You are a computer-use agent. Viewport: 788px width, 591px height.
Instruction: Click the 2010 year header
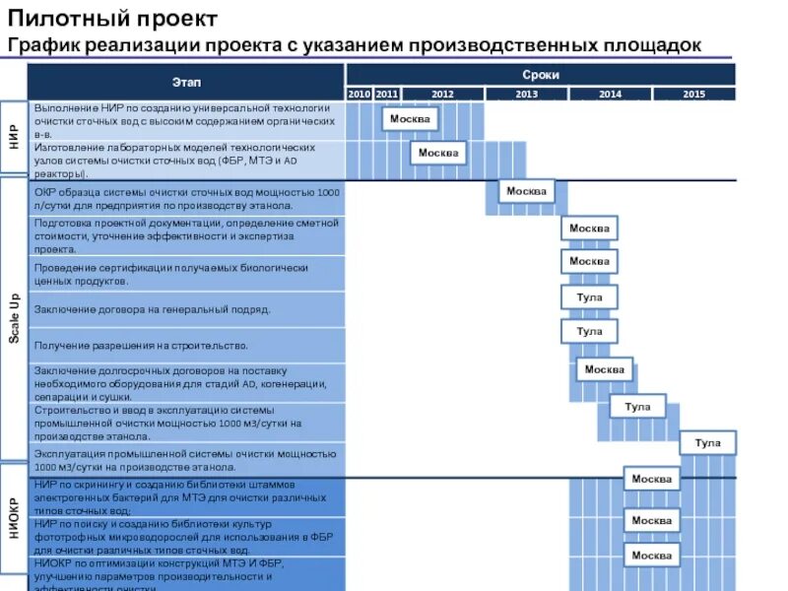coord(359,94)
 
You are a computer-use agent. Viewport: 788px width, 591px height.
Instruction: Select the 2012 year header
coord(442,94)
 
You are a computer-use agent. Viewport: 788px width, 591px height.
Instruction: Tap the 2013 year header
coord(526,94)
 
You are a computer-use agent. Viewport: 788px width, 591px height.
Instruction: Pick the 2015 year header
coord(694,94)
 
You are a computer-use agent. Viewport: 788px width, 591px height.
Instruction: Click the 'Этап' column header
coord(186,80)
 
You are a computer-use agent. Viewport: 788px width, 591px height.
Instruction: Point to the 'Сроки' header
coord(541,74)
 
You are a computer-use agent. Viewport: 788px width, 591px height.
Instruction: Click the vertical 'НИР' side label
coord(14,136)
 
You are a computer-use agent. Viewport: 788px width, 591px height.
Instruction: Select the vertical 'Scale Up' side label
coord(14,318)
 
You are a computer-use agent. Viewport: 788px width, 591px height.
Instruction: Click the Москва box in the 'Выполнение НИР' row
coord(410,119)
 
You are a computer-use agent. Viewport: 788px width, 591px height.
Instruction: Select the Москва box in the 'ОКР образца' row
coord(526,191)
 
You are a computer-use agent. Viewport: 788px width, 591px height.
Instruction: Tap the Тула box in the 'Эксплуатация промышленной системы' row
coord(707,443)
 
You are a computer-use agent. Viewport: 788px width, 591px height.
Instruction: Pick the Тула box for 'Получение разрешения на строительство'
coord(589,332)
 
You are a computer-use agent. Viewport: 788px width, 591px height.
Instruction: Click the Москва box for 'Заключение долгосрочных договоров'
coord(604,369)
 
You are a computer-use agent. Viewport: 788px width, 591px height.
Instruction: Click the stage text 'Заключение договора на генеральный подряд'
coord(152,309)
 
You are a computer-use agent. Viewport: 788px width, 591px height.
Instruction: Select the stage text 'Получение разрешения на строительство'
coord(141,346)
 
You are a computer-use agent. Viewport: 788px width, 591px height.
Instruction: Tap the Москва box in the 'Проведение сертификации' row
coord(589,261)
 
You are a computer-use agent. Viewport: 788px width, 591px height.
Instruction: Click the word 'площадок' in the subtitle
coord(653,45)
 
